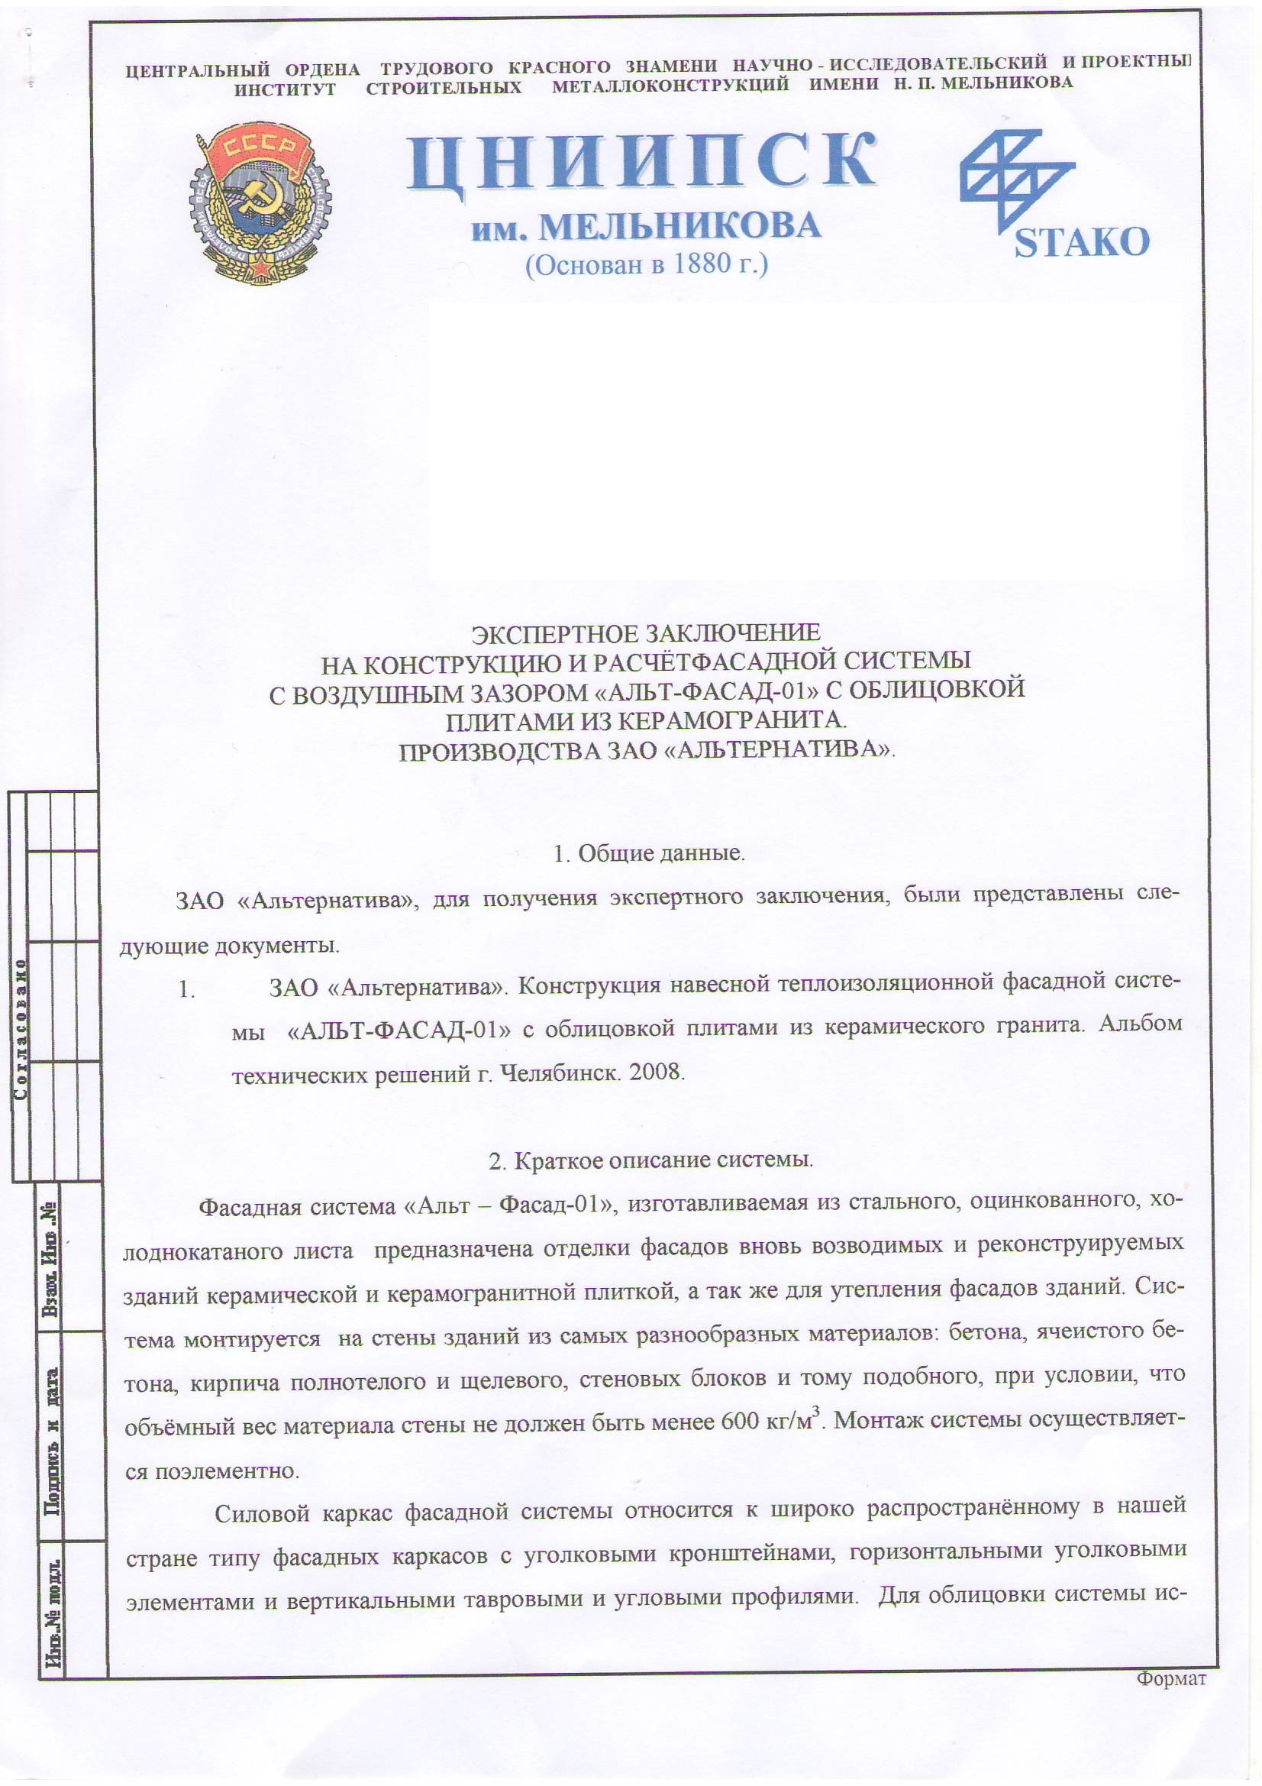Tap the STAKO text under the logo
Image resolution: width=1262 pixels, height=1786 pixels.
click(1082, 243)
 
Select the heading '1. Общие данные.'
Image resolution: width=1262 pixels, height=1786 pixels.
click(648, 853)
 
